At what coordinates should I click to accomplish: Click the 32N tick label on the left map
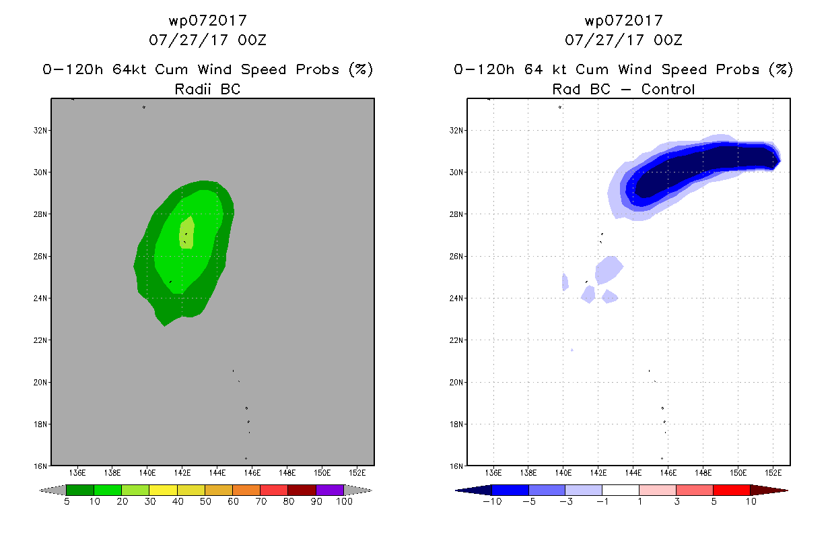pyautogui.click(x=40, y=131)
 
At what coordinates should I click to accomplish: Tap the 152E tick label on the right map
pyautogui.click(x=773, y=473)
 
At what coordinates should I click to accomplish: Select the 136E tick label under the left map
pyautogui.click(x=77, y=473)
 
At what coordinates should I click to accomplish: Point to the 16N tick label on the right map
pyautogui.click(x=456, y=466)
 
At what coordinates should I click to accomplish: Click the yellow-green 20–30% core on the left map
pyautogui.click(x=187, y=233)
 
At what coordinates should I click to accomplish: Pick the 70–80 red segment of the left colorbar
pyautogui.click(x=274, y=490)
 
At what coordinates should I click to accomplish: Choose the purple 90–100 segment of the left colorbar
pyautogui.click(x=329, y=490)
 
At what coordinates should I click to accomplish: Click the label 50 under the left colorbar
pyautogui.click(x=205, y=501)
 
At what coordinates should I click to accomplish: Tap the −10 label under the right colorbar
pyautogui.click(x=492, y=501)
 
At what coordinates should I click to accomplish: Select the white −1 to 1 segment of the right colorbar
pyautogui.click(x=620, y=490)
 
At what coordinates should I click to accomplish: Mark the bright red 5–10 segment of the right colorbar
pyautogui.click(x=731, y=490)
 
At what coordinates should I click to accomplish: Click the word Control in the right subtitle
pyautogui.click(x=668, y=89)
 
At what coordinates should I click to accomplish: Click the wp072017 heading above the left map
pyautogui.click(x=208, y=21)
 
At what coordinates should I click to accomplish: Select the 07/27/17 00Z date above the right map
pyautogui.click(x=623, y=40)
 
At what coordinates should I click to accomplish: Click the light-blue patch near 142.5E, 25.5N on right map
pyautogui.click(x=609, y=269)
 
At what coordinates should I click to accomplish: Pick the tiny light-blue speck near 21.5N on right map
pyautogui.click(x=572, y=350)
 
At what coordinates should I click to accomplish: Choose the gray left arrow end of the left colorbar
pyautogui.click(x=53, y=490)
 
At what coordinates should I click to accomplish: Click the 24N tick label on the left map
pyautogui.click(x=40, y=298)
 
